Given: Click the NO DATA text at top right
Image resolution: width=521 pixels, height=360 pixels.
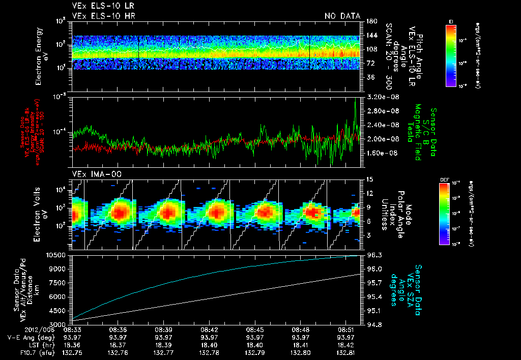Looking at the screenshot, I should tap(342, 16).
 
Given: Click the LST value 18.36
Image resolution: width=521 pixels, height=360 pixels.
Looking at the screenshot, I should tap(72, 345).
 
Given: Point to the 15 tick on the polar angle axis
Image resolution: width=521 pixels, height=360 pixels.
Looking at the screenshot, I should tap(370, 179).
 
